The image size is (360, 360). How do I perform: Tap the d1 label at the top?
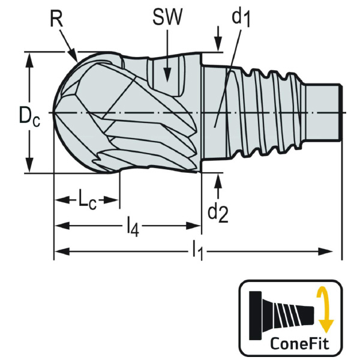[241, 18]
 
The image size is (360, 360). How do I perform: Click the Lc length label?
[87, 200]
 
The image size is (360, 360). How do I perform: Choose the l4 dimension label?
[133, 226]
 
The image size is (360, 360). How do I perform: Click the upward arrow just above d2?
[217, 179]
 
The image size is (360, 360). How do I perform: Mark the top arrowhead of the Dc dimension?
[29, 58]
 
